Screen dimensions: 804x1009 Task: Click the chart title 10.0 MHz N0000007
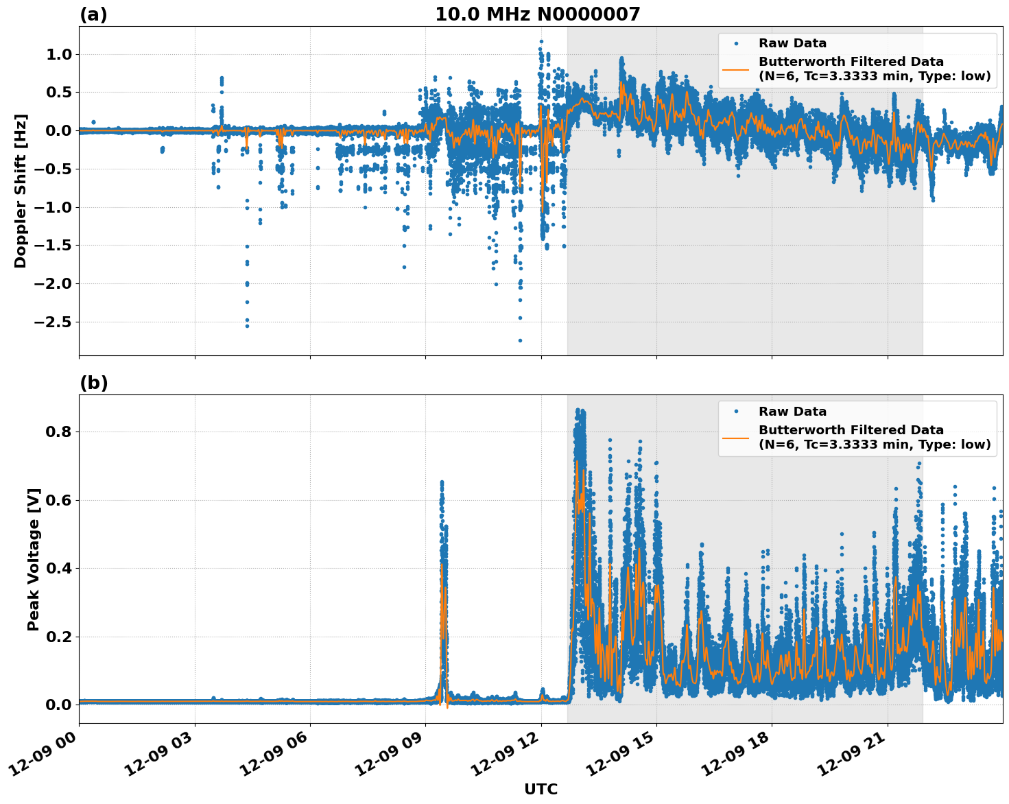[537, 14]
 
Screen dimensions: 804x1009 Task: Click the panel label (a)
[93, 14]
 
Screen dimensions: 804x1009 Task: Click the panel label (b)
[93, 383]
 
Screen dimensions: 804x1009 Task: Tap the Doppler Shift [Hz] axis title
[21, 191]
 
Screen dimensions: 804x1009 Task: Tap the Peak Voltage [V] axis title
[34, 559]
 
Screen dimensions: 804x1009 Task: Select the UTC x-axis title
[541, 789]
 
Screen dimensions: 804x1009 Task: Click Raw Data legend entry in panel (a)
[792, 43]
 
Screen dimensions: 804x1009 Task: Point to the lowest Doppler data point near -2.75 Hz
[520, 340]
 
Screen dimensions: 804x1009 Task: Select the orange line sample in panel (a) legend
[736, 69]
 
